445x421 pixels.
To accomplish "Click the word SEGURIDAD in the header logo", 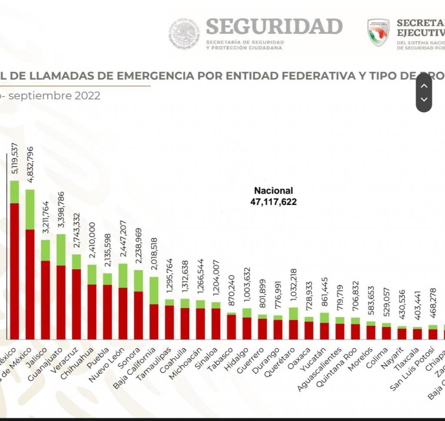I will point(274,27).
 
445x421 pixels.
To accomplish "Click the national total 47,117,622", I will point(273,201).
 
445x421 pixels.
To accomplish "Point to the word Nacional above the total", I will point(273,190).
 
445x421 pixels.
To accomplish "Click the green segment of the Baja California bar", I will point(154,291).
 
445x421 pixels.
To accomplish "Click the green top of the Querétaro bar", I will point(293,313).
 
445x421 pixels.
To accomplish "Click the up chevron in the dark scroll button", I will point(424,86).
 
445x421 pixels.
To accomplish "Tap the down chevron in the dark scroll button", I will point(424,100).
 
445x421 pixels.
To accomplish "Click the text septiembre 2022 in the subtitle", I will point(54,96).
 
